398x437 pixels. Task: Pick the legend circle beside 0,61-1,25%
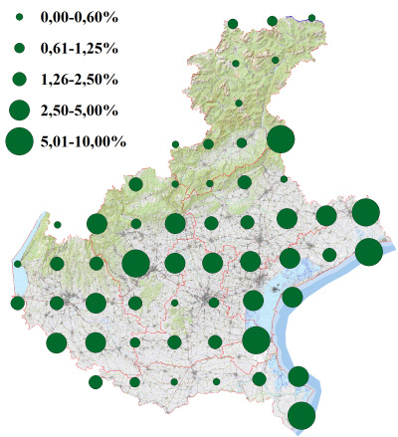[19, 48]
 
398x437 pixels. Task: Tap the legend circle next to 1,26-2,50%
[19, 79]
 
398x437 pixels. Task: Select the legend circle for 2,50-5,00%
[19, 109]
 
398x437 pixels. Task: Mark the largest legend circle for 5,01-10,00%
[19, 141]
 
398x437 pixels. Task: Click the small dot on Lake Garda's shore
[18, 264]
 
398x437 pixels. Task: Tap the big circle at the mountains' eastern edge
[280, 140]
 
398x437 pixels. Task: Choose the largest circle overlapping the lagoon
[256, 340]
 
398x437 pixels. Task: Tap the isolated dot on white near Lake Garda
[58, 225]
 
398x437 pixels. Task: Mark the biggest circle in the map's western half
[135, 264]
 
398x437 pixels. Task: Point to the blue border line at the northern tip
[289, 17]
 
